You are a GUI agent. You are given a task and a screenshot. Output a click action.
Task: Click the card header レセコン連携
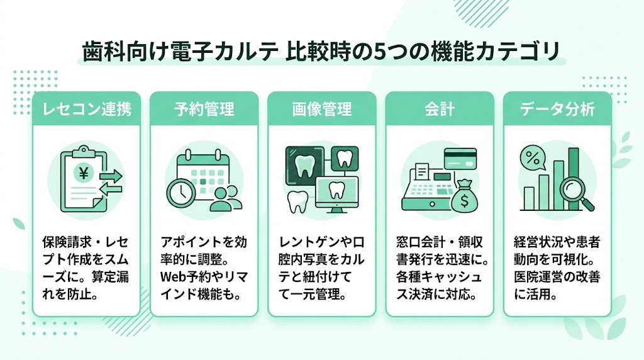pos(86,108)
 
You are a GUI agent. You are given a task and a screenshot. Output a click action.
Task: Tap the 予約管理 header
pos(204,108)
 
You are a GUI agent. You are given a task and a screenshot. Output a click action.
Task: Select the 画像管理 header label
pos(321,108)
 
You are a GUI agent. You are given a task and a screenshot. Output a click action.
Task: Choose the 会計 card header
pos(439,108)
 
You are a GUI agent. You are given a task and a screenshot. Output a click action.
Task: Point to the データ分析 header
pos(557,108)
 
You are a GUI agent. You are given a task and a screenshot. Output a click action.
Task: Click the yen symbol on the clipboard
pos(82,171)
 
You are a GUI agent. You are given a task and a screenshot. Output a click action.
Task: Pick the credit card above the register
pos(461,159)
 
